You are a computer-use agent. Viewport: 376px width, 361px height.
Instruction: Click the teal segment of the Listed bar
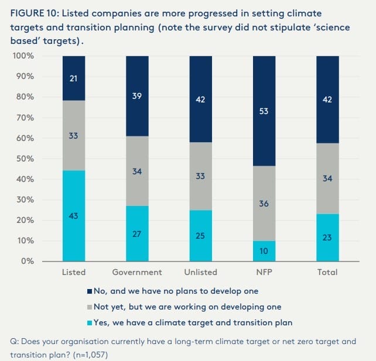[x=74, y=215]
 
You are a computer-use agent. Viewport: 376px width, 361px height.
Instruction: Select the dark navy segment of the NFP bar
[x=264, y=111]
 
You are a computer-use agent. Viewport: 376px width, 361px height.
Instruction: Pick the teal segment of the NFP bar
[x=264, y=251]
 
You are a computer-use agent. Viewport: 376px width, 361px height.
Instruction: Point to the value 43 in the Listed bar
[x=74, y=216]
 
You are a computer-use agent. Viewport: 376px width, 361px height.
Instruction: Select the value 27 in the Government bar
[x=137, y=234]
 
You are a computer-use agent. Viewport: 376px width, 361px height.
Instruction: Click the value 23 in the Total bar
[x=327, y=238]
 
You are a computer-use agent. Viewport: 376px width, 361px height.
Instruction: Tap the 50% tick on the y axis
[x=25, y=159]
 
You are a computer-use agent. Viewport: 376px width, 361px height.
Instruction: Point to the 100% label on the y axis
[x=23, y=56]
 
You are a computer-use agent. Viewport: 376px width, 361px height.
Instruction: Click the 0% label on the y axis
[x=27, y=261]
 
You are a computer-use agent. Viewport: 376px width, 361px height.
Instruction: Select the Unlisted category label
[x=200, y=272]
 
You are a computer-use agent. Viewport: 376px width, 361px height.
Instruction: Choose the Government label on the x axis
[x=137, y=272]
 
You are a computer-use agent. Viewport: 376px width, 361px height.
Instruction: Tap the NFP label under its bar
[x=264, y=272]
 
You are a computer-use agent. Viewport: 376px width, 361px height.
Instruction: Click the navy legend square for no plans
[x=89, y=291]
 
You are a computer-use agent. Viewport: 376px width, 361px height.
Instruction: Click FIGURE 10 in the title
[x=35, y=13]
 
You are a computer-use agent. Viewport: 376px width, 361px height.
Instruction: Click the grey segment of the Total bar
[x=327, y=178]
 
